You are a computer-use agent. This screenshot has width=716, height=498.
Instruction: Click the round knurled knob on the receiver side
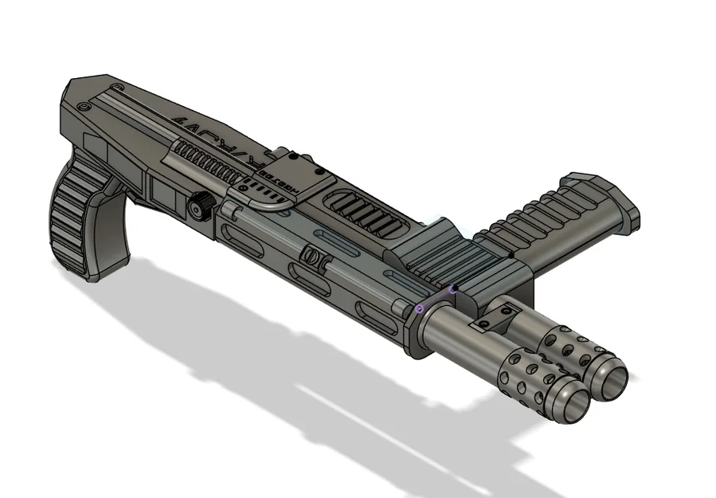(197, 209)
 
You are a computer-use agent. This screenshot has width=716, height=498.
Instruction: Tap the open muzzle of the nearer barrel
(569, 406)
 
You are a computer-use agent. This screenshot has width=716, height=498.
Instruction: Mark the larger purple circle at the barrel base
(420, 308)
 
